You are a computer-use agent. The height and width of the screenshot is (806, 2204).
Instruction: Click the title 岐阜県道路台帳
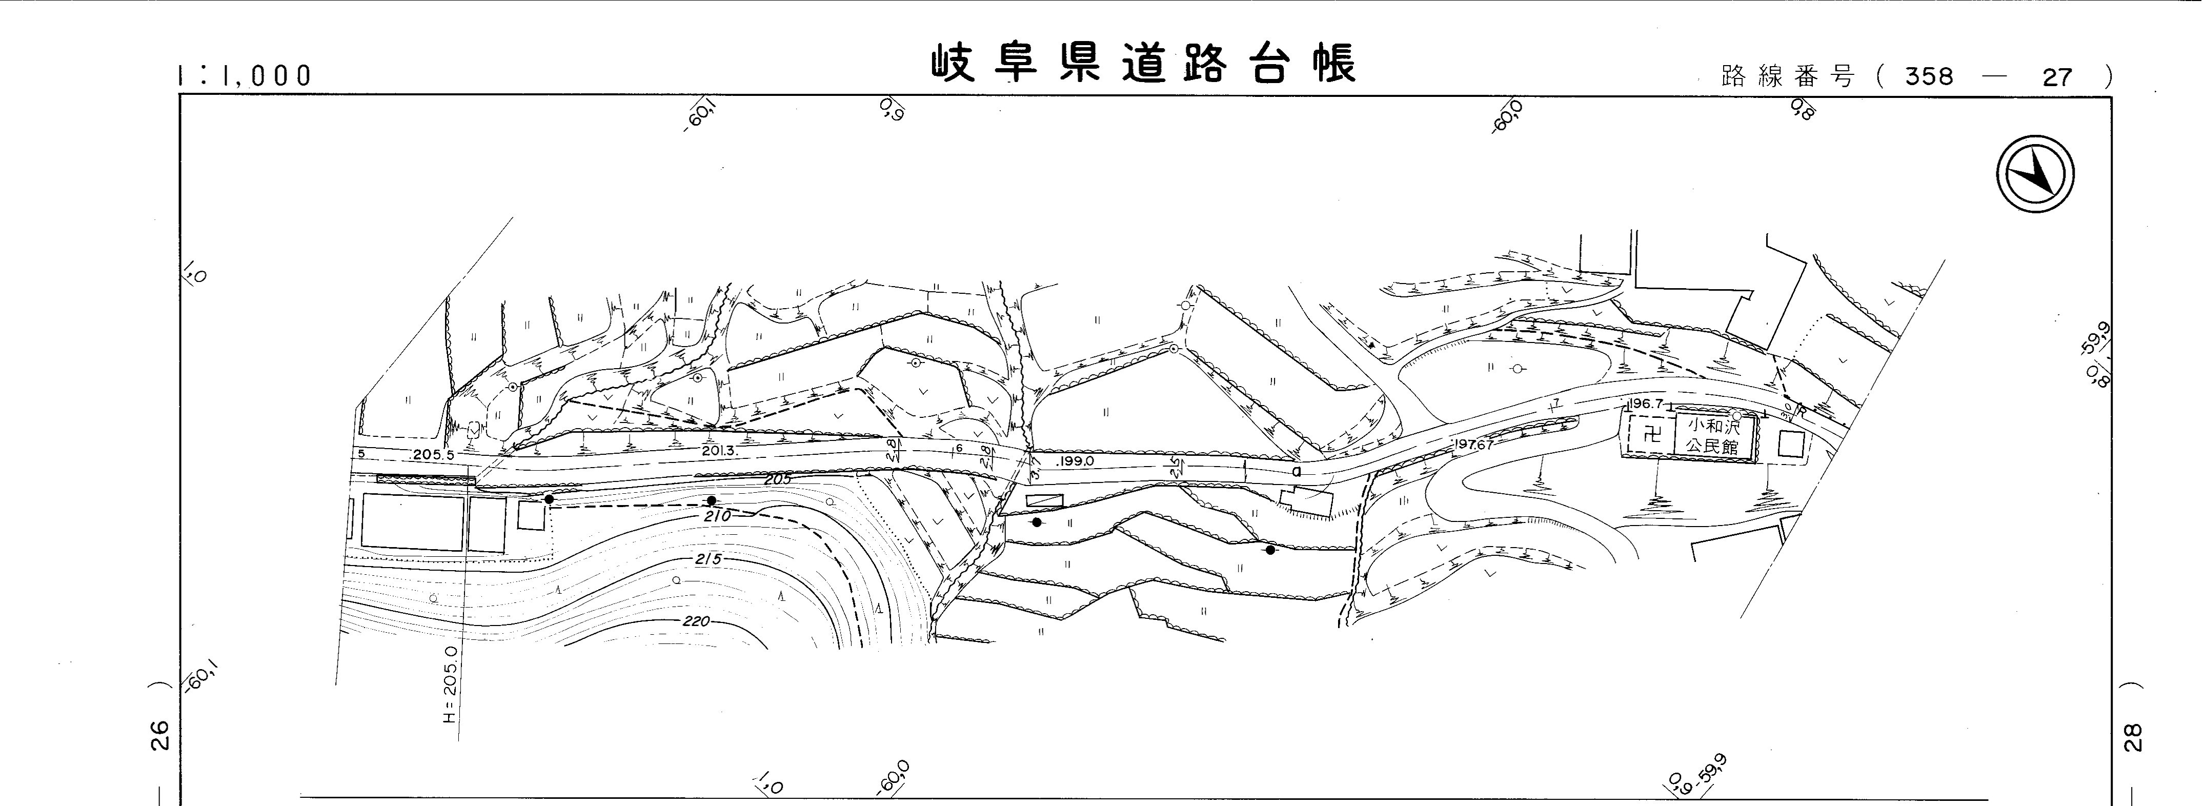tap(1144, 65)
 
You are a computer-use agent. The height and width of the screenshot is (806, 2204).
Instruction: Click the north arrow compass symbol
tap(2035, 175)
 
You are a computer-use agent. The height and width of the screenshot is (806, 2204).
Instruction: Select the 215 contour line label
tap(709, 559)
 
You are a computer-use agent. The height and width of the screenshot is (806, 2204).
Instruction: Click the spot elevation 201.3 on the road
tap(719, 450)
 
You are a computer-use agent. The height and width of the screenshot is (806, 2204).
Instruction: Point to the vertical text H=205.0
tap(451, 684)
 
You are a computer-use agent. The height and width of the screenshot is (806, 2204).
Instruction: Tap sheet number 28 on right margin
tap(2132, 737)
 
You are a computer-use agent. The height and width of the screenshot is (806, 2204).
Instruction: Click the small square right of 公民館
tap(1791, 443)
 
